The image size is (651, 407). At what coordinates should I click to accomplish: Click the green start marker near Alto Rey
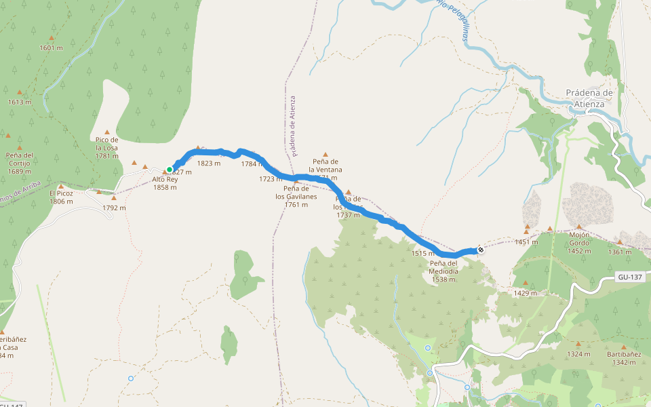[170, 170]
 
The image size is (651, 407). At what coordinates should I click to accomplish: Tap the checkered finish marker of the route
[481, 250]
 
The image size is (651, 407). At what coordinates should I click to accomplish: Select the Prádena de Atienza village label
[589, 98]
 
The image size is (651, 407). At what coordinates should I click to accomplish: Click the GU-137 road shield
[630, 277]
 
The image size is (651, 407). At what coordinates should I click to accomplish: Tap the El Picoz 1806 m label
[61, 197]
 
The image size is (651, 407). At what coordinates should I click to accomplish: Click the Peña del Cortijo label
[19, 163]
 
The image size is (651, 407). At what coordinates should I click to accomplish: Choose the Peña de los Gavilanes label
[296, 196]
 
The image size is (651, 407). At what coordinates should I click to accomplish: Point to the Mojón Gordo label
[579, 242]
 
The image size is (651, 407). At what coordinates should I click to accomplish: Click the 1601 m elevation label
[51, 47]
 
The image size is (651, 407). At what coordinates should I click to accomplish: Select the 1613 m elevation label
[20, 102]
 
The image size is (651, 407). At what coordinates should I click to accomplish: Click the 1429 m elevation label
[526, 293]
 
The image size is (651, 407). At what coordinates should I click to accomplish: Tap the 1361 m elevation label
[620, 252]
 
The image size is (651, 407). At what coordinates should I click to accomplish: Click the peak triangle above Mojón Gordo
[579, 227]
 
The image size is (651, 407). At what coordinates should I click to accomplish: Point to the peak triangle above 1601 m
[51, 38]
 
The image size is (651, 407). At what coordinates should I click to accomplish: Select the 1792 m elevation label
[114, 208]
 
